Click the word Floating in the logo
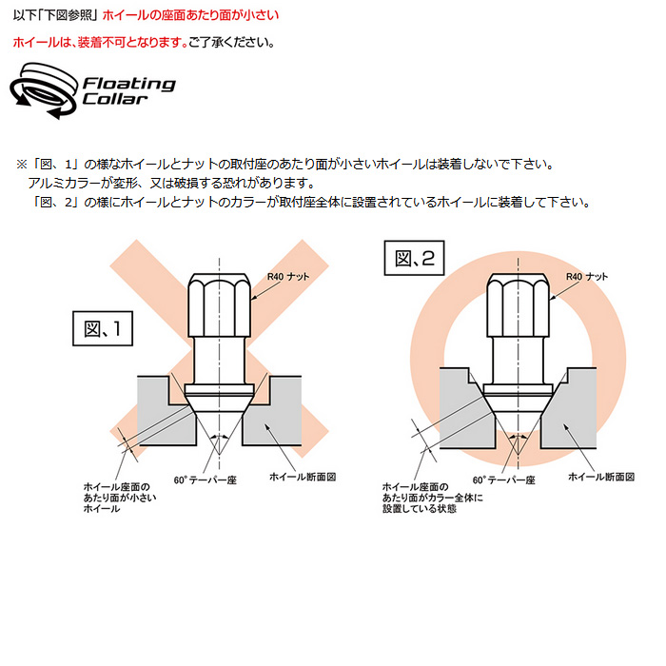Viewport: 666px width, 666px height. tap(129, 84)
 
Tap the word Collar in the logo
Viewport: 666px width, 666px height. tap(115, 99)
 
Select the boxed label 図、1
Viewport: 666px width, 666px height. tap(103, 328)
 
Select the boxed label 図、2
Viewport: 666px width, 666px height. tap(414, 258)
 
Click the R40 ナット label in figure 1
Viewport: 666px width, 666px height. tap(288, 277)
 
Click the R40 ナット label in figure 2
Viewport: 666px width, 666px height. tap(587, 277)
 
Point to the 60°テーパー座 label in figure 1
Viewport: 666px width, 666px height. tap(206, 480)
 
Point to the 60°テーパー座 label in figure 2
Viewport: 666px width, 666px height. tap(504, 480)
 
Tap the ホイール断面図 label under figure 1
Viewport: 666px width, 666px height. tap(303, 477)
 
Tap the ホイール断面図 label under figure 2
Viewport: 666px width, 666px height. tap(601, 477)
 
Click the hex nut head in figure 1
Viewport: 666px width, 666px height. tap(219, 305)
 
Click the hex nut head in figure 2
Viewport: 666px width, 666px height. tap(518, 305)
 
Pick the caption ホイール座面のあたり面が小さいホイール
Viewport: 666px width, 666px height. tap(120, 498)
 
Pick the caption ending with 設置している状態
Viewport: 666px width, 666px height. tap(433, 498)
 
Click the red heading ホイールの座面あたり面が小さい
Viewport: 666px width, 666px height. tap(190, 15)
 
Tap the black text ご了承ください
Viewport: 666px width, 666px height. tap(232, 43)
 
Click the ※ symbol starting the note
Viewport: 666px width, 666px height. tap(22, 165)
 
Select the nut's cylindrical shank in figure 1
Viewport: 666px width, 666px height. tap(219, 361)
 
